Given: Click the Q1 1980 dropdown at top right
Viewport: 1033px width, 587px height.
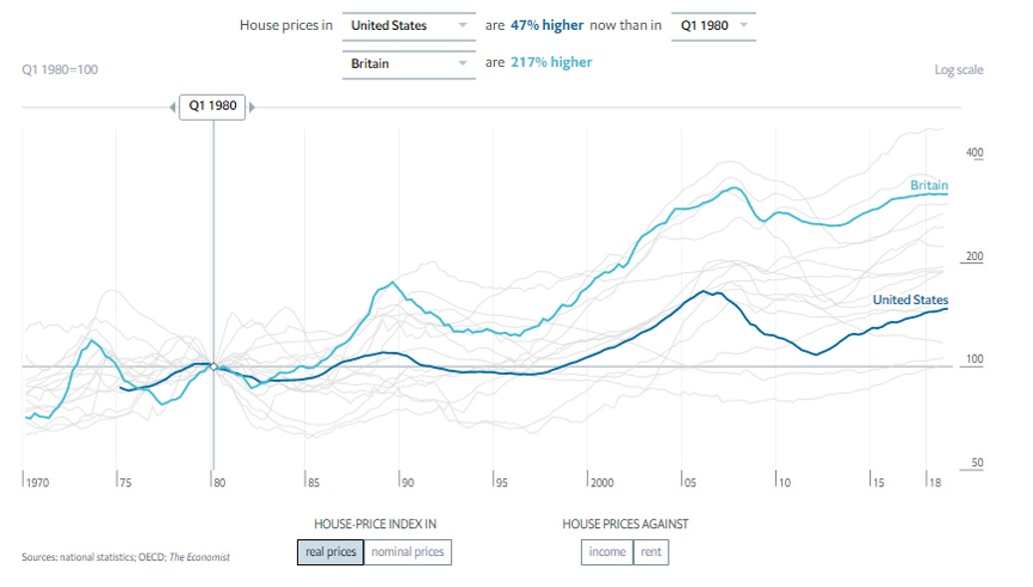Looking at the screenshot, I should click(712, 25).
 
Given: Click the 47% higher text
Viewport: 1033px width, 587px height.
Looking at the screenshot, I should click(547, 25).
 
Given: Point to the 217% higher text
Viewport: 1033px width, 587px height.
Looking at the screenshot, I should click(552, 63).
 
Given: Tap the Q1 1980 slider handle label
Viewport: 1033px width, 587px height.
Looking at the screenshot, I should click(212, 106).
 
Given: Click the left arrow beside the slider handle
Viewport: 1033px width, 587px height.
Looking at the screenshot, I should click(172, 107).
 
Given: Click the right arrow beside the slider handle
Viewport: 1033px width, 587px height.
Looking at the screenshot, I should click(252, 107).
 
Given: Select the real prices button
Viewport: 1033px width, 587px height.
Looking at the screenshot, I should click(330, 552).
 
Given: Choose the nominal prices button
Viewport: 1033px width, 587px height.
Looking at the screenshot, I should click(407, 552).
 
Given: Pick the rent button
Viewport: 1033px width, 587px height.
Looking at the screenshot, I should click(650, 552).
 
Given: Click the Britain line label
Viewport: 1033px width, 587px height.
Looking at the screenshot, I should click(928, 185).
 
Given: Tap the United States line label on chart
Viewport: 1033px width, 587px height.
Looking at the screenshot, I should click(909, 300).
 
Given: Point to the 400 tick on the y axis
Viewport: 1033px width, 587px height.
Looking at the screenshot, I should click(974, 152).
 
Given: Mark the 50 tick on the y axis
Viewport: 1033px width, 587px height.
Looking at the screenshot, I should click(976, 463).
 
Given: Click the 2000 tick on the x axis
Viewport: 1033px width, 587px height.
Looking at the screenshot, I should click(601, 482).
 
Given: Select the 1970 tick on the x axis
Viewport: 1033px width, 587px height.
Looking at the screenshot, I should click(37, 482).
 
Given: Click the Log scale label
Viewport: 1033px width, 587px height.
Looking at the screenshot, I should click(958, 70).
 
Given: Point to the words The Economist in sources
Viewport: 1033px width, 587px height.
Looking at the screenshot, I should click(201, 557).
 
